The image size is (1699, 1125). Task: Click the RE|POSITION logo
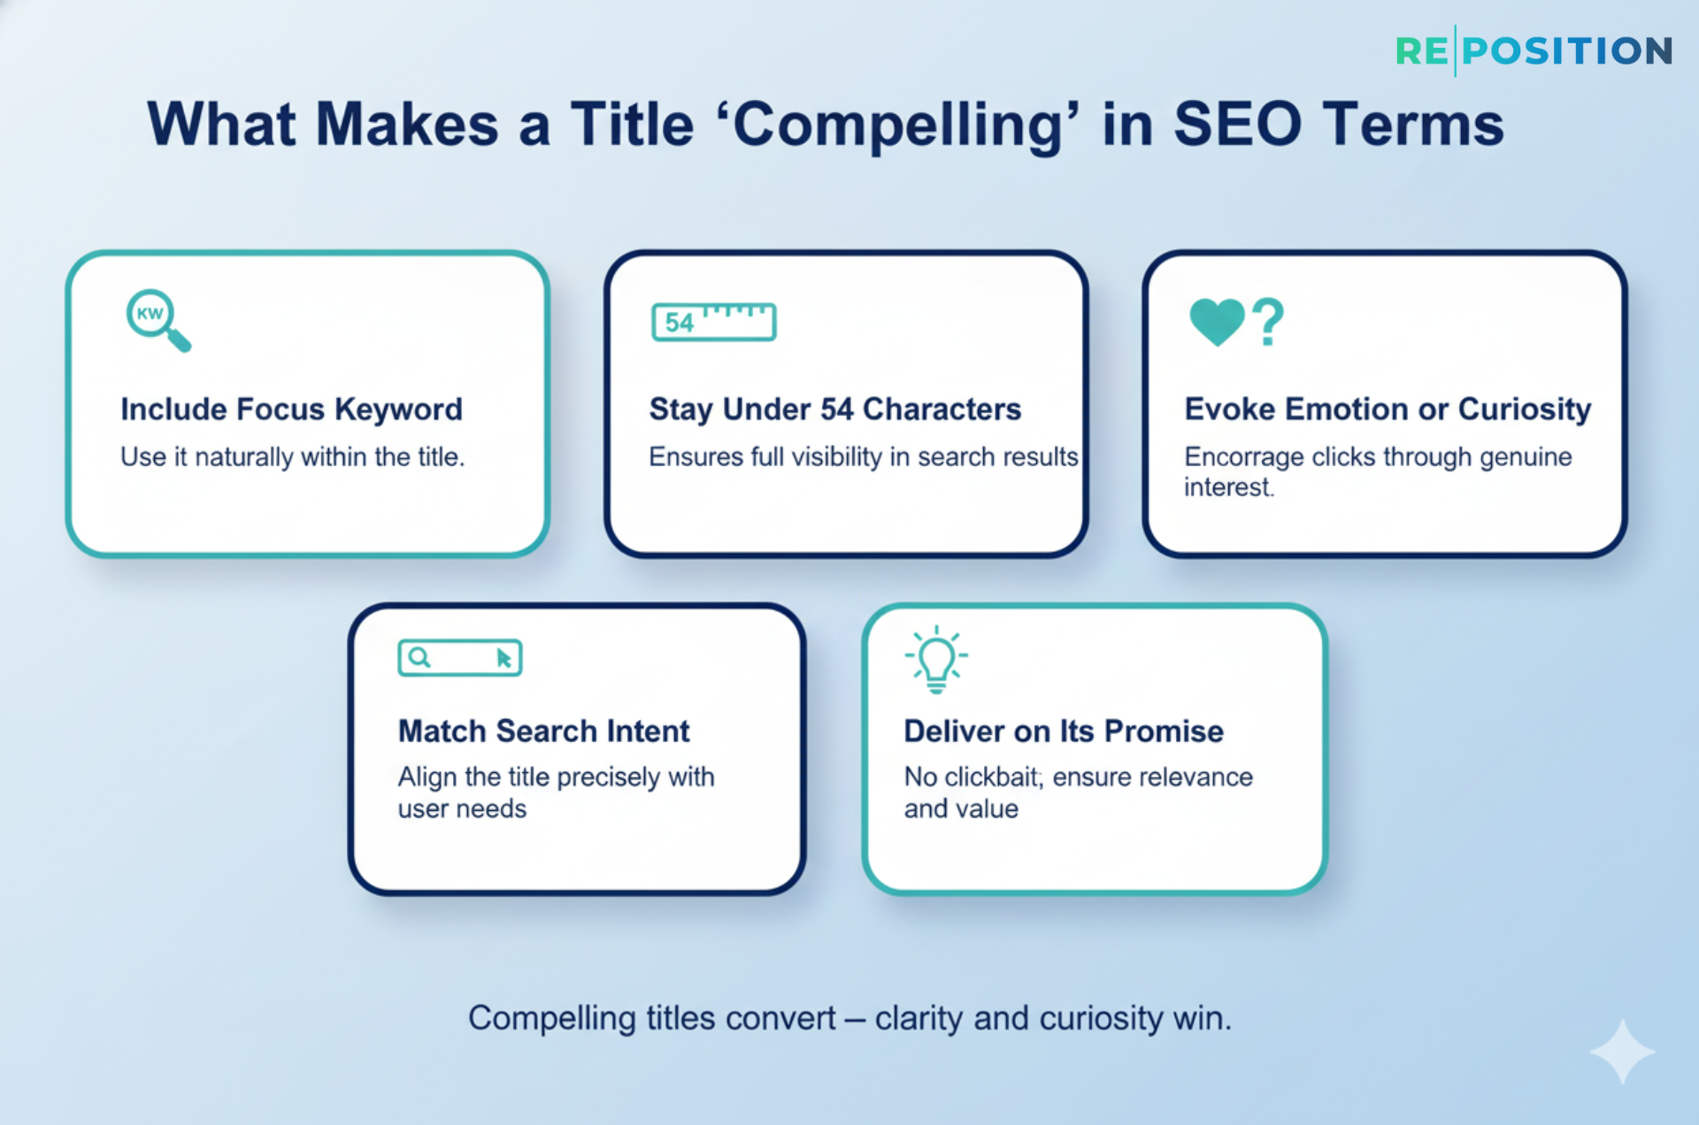point(1534,51)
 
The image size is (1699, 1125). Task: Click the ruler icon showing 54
point(713,322)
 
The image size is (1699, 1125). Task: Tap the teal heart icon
point(1217,320)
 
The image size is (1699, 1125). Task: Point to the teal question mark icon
point(1269,321)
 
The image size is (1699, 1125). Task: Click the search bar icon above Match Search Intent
point(459,658)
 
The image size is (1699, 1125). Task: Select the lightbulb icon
point(936,660)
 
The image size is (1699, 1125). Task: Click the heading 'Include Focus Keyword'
point(291,409)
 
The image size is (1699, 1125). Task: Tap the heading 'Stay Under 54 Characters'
point(834,409)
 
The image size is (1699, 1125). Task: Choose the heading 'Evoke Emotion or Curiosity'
point(1387,409)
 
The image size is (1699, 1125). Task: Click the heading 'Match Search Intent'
point(543,731)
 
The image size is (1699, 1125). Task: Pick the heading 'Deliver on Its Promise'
point(1063,731)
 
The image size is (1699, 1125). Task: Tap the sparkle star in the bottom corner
point(1622,1052)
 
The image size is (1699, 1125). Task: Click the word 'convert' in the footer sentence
point(780,1019)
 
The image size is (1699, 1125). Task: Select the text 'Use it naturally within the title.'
point(292,457)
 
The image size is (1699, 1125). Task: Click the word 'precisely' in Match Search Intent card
point(609,778)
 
